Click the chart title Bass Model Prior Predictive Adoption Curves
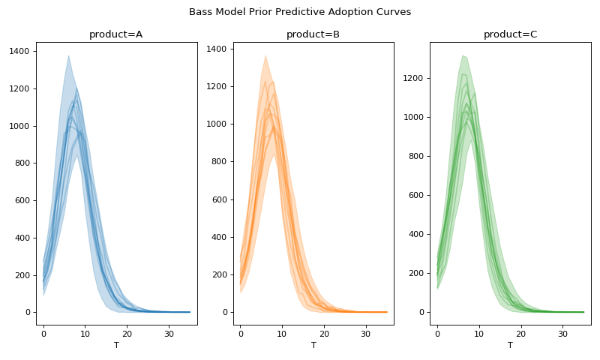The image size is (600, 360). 300,12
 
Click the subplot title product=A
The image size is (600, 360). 115,34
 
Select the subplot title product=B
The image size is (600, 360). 313,34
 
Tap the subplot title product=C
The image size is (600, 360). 510,34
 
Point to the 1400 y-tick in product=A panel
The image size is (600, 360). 20,51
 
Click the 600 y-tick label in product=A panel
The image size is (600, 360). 22,200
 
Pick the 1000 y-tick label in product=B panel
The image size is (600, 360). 217,124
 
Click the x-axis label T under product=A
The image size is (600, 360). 115,345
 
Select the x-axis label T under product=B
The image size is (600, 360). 313,345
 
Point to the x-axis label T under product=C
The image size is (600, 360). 510,345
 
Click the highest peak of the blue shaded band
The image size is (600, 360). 68,55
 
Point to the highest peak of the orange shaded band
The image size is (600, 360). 265,55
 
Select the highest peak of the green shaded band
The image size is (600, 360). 463,55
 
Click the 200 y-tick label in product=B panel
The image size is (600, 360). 220,274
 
